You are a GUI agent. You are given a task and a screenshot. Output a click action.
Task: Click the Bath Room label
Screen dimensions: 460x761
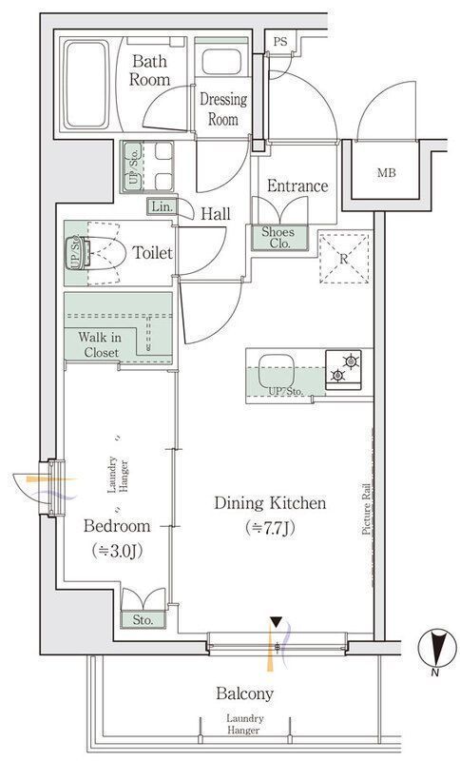(150, 70)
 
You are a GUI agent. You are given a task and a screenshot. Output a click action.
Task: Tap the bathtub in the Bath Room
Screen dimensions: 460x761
(86, 85)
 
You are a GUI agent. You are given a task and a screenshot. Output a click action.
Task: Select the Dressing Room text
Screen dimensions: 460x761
(223, 109)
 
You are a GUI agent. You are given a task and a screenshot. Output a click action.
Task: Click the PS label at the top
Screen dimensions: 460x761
(280, 42)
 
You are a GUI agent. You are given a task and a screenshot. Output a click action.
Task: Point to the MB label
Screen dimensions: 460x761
(386, 172)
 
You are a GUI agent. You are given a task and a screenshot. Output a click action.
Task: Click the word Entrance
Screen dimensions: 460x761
(297, 185)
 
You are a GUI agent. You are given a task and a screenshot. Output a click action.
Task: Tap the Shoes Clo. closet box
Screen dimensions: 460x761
(279, 238)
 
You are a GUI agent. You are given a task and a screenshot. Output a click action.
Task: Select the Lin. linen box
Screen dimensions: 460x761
(162, 206)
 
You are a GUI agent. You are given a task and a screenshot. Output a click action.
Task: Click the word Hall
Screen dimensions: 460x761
(216, 213)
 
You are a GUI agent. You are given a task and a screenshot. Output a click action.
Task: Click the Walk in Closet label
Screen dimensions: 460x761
(100, 344)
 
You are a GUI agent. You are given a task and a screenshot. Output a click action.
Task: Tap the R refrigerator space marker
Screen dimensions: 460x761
(344, 258)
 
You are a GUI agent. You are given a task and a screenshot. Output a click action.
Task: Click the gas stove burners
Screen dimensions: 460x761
(344, 369)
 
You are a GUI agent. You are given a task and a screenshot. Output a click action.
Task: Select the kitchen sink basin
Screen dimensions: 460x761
(277, 372)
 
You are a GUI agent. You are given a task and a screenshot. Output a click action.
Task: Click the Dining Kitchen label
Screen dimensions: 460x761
(270, 503)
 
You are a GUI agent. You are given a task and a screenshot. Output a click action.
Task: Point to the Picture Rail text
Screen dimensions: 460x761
(367, 510)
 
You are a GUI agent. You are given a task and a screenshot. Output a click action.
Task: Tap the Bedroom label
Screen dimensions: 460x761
(117, 526)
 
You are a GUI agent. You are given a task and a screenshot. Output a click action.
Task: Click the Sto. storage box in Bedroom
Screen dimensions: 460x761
(143, 620)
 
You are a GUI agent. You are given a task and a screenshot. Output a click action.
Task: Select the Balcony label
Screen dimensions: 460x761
(245, 694)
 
